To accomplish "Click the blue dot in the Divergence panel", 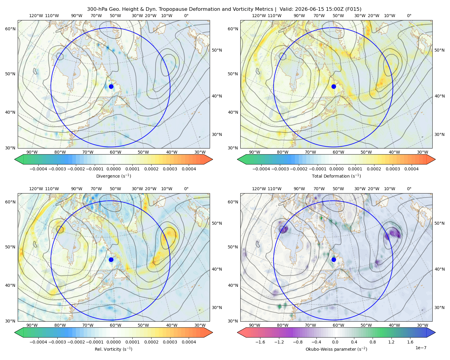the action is point(111,86).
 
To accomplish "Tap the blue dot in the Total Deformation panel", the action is point(334,86).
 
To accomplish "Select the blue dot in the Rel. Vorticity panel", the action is point(111,259).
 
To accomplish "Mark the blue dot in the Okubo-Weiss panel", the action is point(334,259).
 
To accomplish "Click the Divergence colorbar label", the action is point(113,176).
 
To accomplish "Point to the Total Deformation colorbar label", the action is point(336,176).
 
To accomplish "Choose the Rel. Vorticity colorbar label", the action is point(113,349).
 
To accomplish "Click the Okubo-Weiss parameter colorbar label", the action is point(336,349).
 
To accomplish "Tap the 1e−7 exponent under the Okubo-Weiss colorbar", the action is point(421,348).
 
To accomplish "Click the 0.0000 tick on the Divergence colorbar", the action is point(113,169).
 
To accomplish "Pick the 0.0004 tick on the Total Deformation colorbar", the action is point(411,169).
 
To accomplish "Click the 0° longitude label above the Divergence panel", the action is point(186,16).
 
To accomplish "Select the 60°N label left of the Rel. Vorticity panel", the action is point(10,202).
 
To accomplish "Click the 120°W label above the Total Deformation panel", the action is point(259,16).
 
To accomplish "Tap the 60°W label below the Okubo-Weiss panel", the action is point(338,325).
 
